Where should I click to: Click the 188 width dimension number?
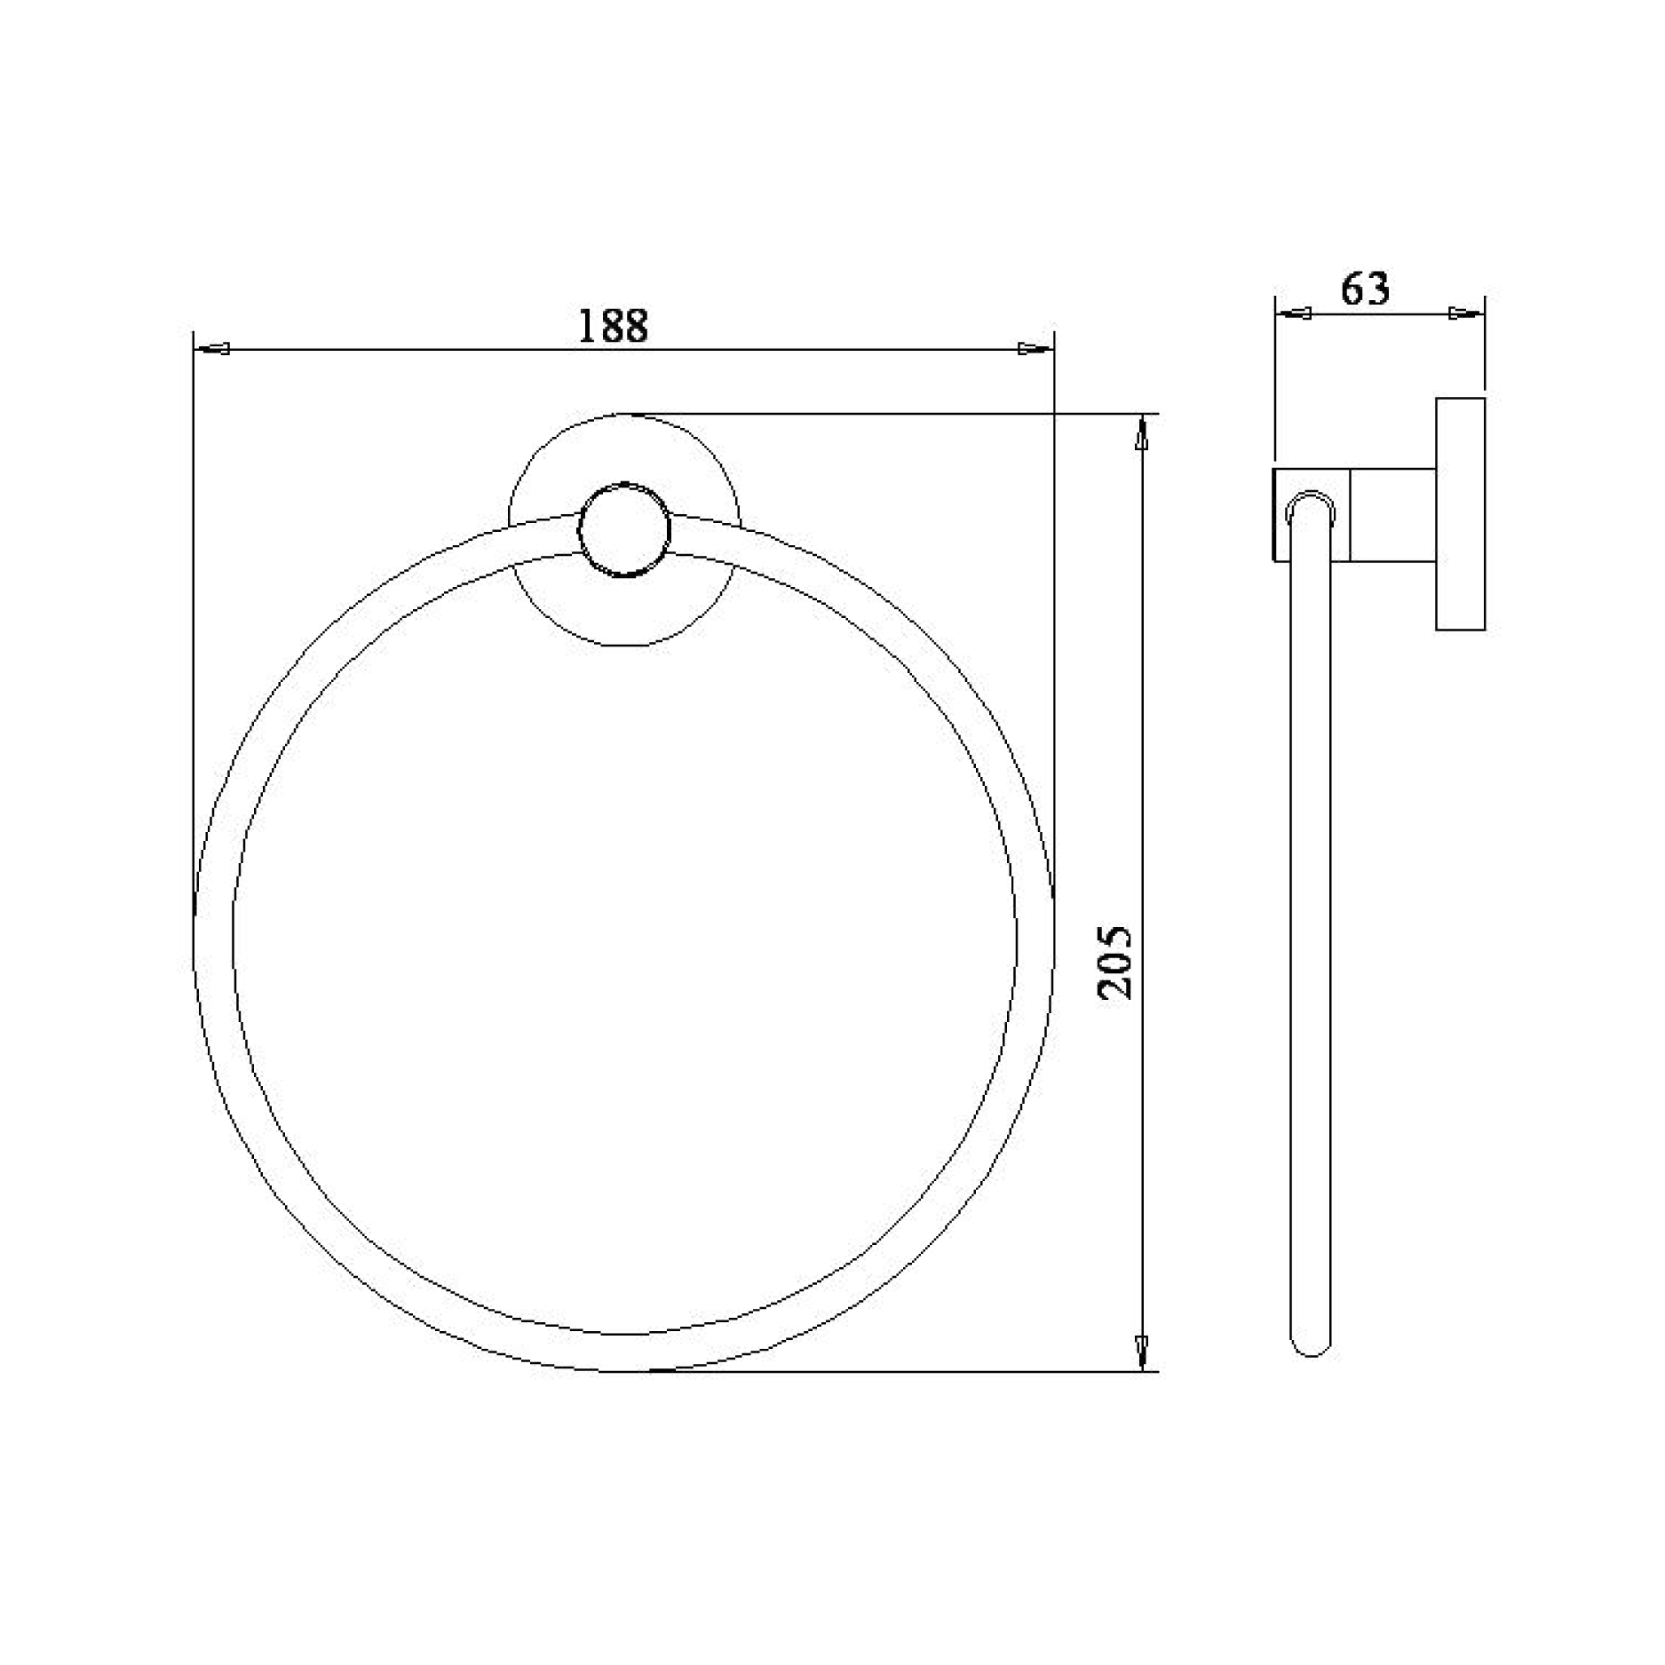pyautogui.click(x=613, y=326)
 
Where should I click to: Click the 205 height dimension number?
pyautogui.click(x=1114, y=963)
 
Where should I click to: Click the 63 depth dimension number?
pyautogui.click(x=1365, y=289)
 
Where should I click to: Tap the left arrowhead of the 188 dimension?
pyautogui.click(x=213, y=349)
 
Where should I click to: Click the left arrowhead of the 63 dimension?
pyautogui.click(x=1295, y=313)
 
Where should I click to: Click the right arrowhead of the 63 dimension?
pyautogui.click(x=1465, y=313)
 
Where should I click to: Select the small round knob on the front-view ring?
pyautogui.click(x=625, y=530)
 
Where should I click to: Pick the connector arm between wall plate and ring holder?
pyautogui.click(x=1391, y=515)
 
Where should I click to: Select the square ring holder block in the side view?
pyautogui.click(x=1312, y=515)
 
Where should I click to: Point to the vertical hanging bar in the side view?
pyautogui.click(x=1310, y=932)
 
